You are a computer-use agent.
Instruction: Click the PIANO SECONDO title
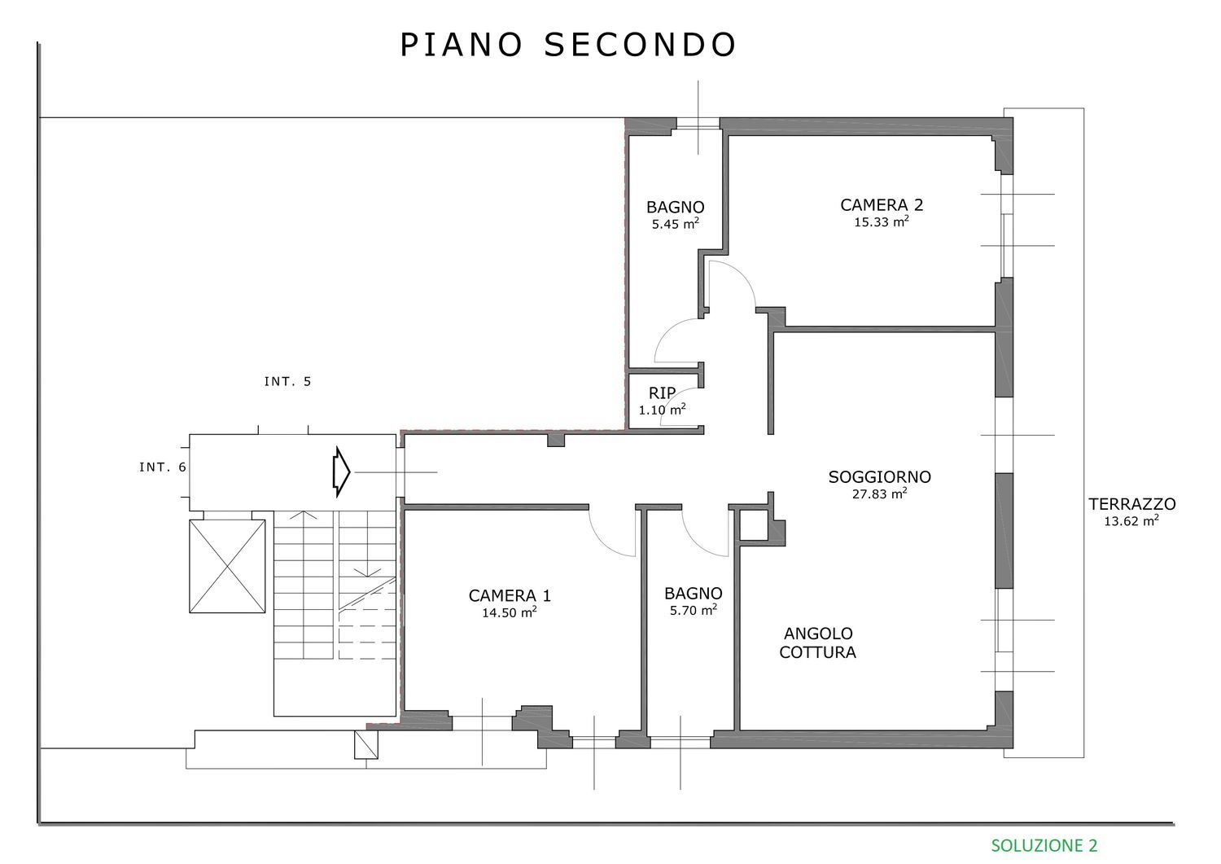coord(568,45)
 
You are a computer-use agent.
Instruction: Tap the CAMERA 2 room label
coord(882,205)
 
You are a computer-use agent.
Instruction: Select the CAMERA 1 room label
coord(510,595)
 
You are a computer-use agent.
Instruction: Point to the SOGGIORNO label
coord(880,477)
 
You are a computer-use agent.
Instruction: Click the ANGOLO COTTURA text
coord(817,643)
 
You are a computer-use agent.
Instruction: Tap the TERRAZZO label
coord(1132,504)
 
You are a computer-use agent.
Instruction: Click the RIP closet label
coord(663,393)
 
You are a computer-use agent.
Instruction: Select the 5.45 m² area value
coord(676,224)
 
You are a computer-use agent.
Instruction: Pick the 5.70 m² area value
coord(693,611)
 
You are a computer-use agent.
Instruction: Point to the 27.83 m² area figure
coord(880,493)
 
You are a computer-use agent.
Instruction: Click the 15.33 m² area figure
coord(882,222)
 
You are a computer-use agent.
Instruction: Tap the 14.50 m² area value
coord(509,612)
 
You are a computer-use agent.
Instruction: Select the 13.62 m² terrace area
coord(1131,521)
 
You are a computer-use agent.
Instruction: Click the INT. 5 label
coord(287,382)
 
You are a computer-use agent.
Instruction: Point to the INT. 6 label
coord(163,467)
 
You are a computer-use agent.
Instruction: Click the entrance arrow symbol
coord(341,471)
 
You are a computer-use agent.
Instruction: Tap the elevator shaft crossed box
coord(227,566)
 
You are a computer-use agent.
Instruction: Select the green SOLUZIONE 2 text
coord(1044,845)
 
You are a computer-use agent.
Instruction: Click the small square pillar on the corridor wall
coord(556,440)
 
